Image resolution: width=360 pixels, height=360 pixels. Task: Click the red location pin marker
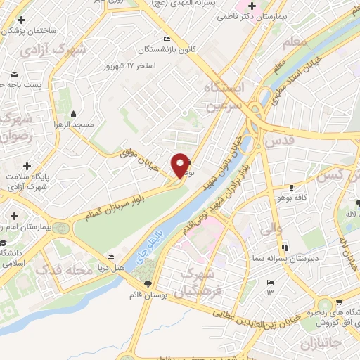tap(180, 165)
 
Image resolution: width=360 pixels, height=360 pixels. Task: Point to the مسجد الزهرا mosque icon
tap(74, 115)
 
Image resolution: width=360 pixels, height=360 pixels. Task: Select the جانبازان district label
tap(320, 344)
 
